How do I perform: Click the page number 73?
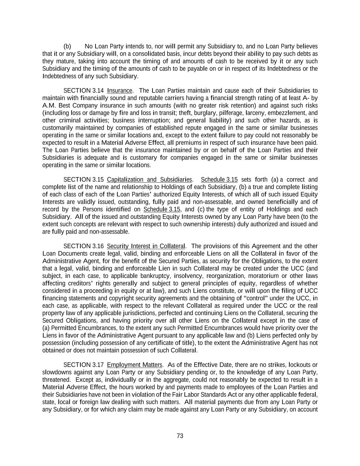[x=180, y=436]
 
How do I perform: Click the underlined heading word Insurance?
[x=119, y=90]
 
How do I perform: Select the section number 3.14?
[x=98, y=90]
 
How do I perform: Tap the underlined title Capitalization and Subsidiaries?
[x=149, y=180]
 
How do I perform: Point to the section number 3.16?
[x=98, y=246]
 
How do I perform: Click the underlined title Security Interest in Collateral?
[x=146, y=246]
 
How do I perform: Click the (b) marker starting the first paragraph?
[x=67, y=46]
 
